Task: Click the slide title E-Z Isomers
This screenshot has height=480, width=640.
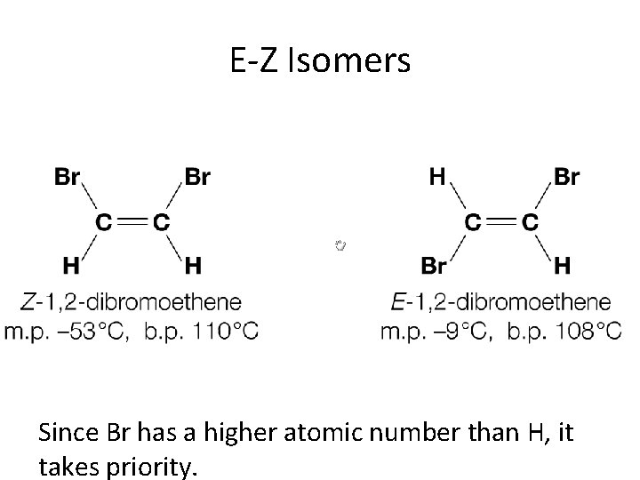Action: click(x=320, y=61)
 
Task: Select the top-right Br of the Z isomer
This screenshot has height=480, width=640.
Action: click(x=197, y=177)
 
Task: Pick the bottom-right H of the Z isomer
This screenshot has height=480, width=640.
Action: click(x=193, y=264)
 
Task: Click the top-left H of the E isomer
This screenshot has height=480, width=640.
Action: click(x=437, y=177)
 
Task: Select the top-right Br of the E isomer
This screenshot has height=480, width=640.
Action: click(x=566, y=177)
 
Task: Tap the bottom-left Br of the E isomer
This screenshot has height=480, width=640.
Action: click(x=433, y=264)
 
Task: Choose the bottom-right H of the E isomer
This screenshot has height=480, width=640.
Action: click(x=562, y=264)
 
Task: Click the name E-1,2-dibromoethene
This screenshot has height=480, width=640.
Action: click(x=500, y=303)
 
